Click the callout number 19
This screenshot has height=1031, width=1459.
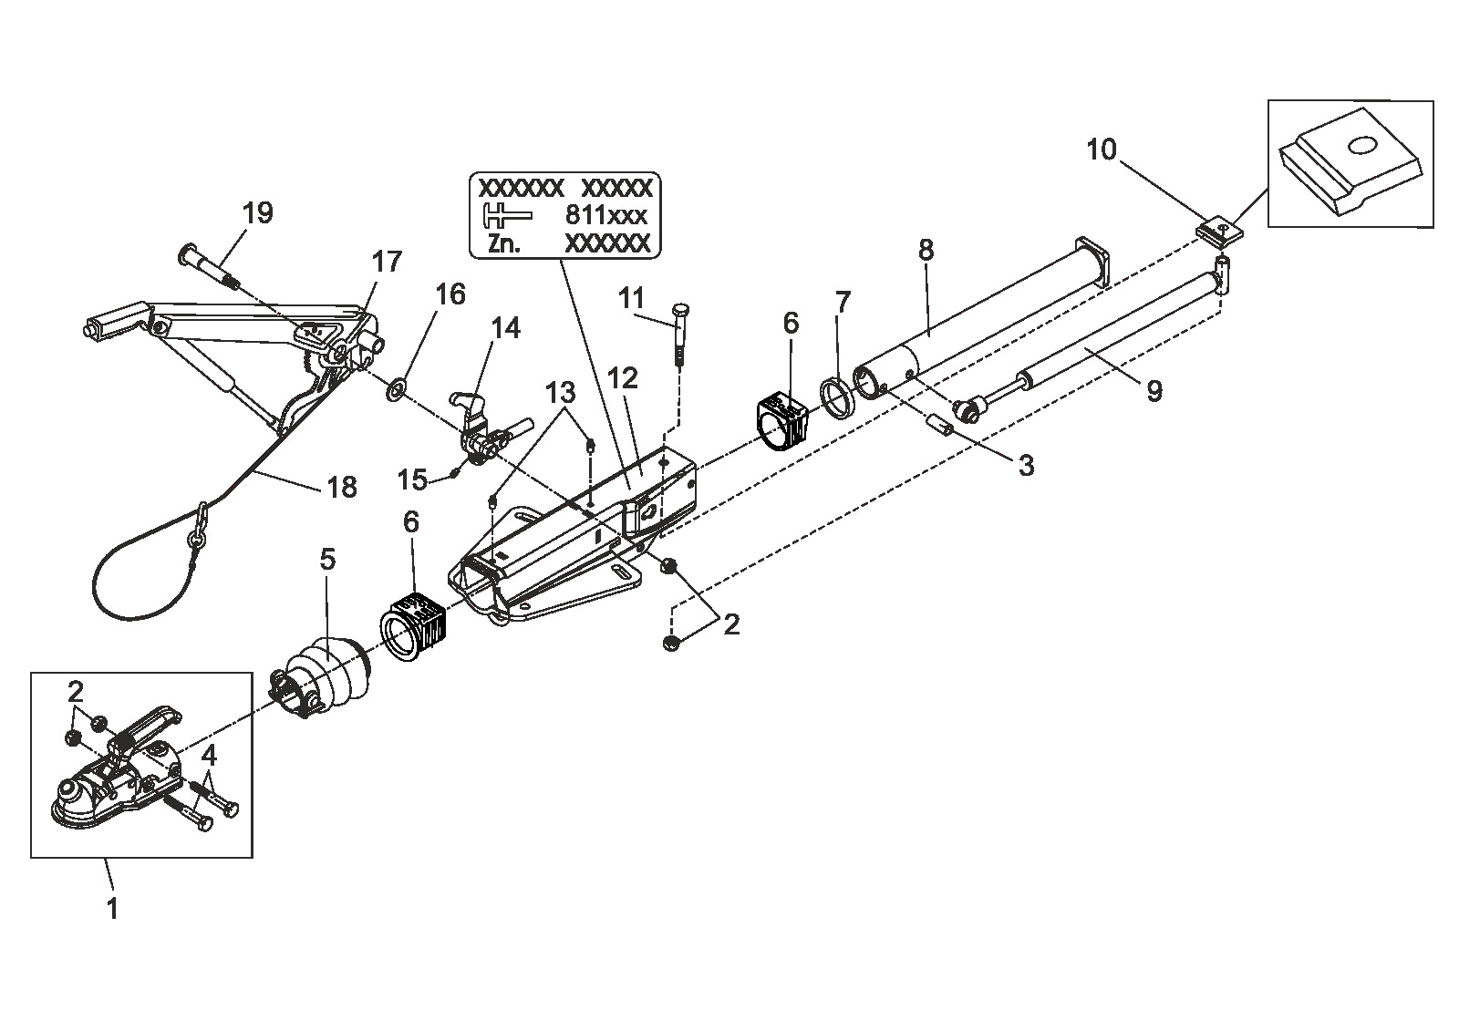pyautogui.click(x=257, y=213)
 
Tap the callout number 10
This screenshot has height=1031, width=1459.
pyautogui.click(x=1102, y=149)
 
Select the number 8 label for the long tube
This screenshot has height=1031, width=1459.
pyautogui.click(x=926, y=250)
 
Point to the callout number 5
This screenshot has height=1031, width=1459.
pyautogui.click(x=327, y=559)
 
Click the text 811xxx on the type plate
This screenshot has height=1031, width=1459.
pyautogui.click(x=605, y=215)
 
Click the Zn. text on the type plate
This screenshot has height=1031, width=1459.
pyautogui.click(x=503, y=243)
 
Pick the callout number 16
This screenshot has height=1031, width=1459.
pyautogui.click(x=450, y=294)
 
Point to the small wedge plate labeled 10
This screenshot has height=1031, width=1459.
pyautogui.click(x=1220, y=231)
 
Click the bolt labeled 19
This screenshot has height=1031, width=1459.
pyautogui.click(x=209, y=267)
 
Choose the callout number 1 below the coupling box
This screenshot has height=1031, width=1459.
pyautogui.click(x=112, y=909)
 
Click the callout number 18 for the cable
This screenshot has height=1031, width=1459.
pyautogui.click(x=342, y=487)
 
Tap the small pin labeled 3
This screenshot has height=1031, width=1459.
pyautogui.click(x=940, y=423)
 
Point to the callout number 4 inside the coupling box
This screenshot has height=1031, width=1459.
pyautogui.click(x=209, y=756)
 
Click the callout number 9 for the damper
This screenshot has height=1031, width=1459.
pyautogui.click(x=1154, y=391)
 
